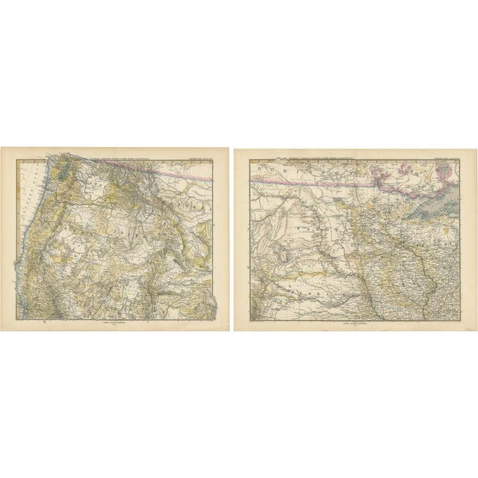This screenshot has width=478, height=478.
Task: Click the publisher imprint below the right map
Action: (x=351, y=322)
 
